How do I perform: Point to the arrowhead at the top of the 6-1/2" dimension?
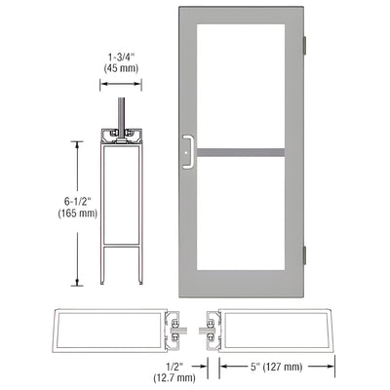pyautogui.click(x=78, y=142)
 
